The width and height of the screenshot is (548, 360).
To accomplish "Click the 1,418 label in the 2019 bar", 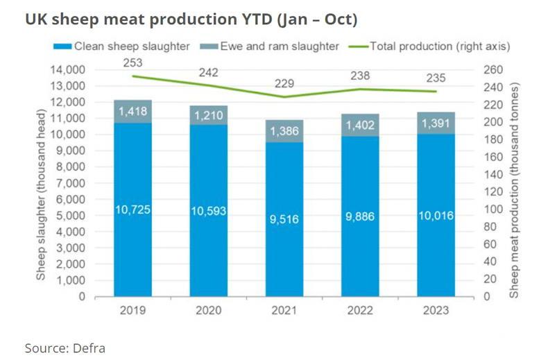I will click(133, 112).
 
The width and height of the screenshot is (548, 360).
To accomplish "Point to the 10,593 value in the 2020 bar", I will click(209, 212).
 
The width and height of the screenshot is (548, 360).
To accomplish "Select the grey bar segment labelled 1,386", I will click(284, 131).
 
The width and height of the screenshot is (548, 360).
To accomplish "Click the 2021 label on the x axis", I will click(284, 311).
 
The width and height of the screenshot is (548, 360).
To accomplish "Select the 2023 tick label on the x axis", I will click(436, 311).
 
